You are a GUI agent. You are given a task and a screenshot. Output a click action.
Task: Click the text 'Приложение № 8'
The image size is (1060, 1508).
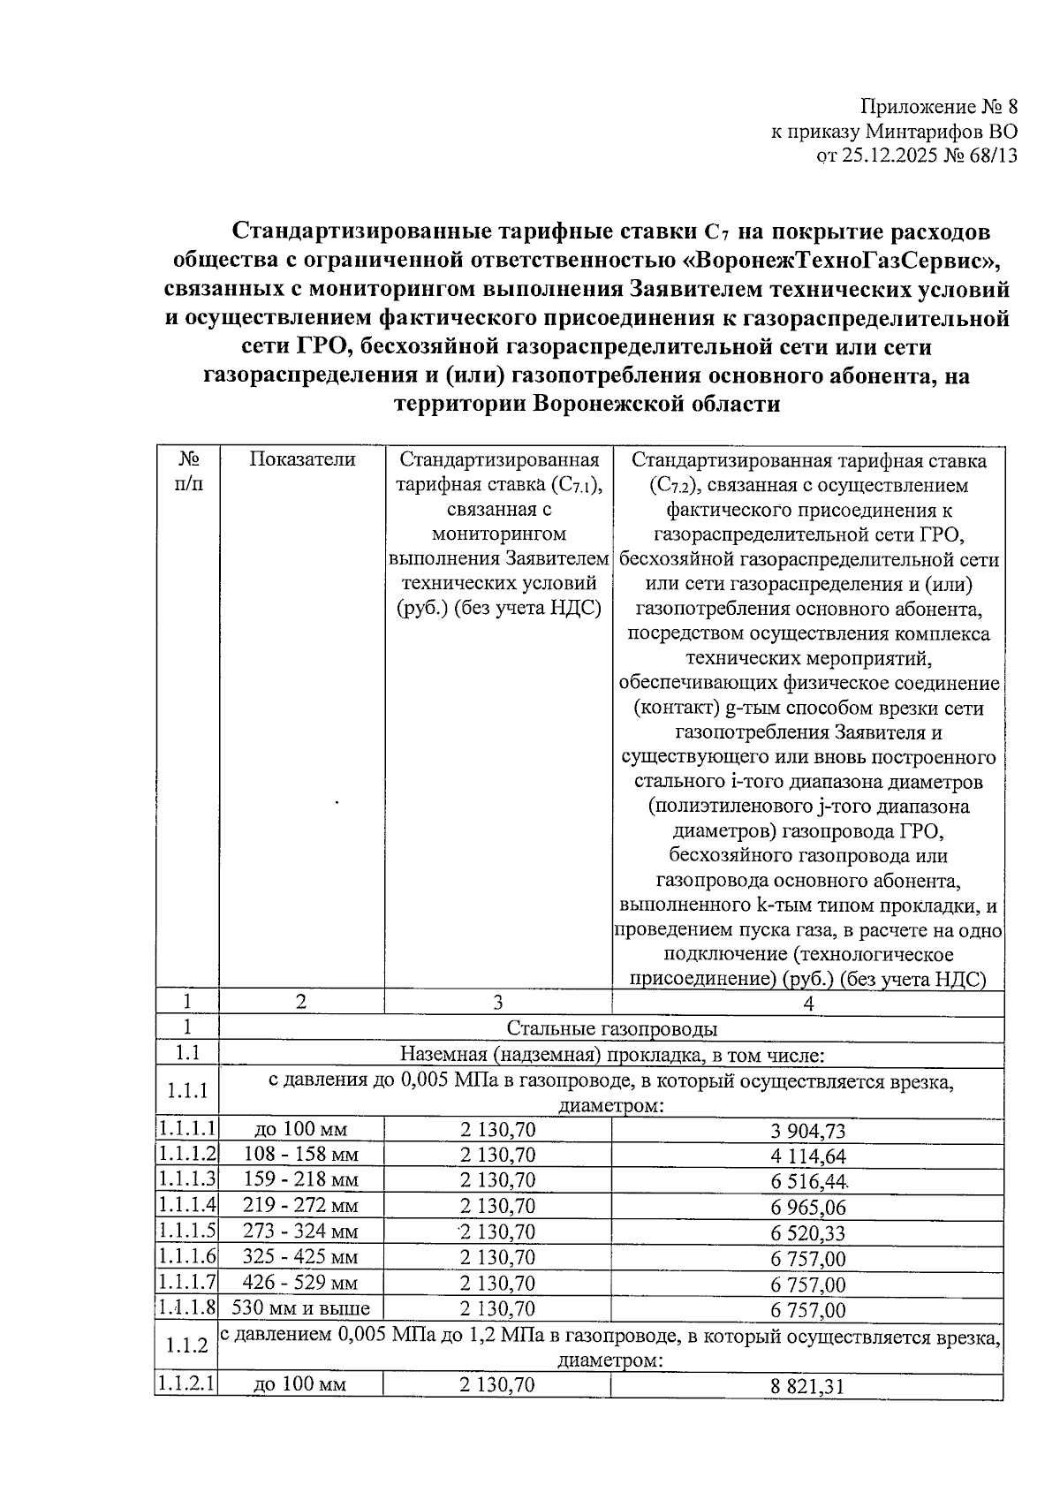tap(939, 108)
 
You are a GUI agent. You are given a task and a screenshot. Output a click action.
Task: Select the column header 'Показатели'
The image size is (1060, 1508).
tap(302, 459)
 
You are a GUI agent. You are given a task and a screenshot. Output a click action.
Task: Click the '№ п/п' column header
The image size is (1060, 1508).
tap(187, 472)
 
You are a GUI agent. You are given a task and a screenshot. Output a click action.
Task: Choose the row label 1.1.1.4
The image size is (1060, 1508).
tap(187, 1205)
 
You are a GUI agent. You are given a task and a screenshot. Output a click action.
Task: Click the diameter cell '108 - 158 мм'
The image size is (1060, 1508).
tap(300, 1155)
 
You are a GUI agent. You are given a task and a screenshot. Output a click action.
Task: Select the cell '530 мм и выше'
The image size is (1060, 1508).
tap(300, 1308)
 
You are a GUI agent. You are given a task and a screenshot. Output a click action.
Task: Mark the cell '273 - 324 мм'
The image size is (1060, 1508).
tap(300, 1231)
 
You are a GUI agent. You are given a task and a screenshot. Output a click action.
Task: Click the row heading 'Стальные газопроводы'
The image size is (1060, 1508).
tap(611, 1028)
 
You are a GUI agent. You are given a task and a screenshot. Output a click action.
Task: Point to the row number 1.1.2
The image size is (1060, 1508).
tap(187, 1345)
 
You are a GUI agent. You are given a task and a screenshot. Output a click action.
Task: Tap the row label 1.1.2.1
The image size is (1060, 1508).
tap(187, 1383)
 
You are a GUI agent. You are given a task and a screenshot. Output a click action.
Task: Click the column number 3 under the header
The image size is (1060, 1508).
tap(498, 1002)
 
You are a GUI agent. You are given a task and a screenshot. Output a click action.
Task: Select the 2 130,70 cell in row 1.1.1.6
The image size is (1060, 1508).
tap(497, 1257)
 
